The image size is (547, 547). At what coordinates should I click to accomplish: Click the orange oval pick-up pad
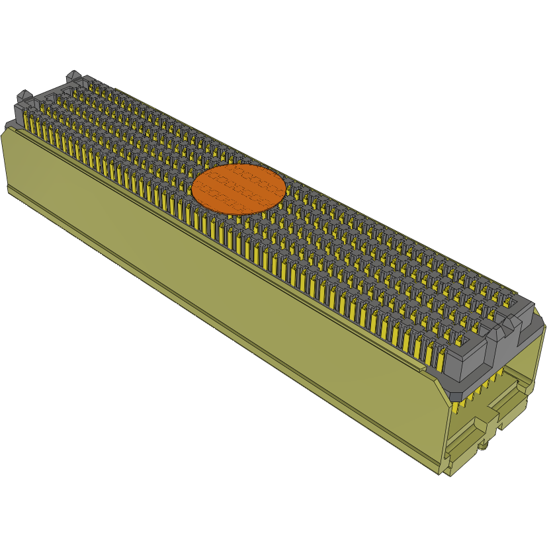click(x=238, y=189)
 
